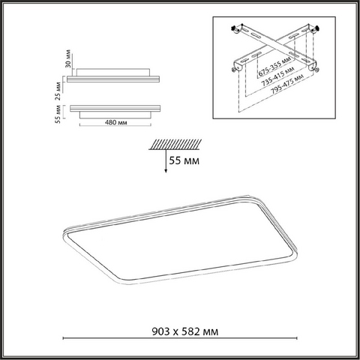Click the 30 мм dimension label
tap(67, 58)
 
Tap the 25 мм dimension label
tap(58, 91)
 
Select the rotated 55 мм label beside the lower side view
tap(58, 114)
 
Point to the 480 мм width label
tap(115, 122)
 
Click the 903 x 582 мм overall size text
tap(185, 331)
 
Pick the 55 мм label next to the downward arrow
tap(184, 160)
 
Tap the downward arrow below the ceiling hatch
tap(166, 161)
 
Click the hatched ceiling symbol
tap(175, 145)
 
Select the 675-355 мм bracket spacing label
tap(274, 66)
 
